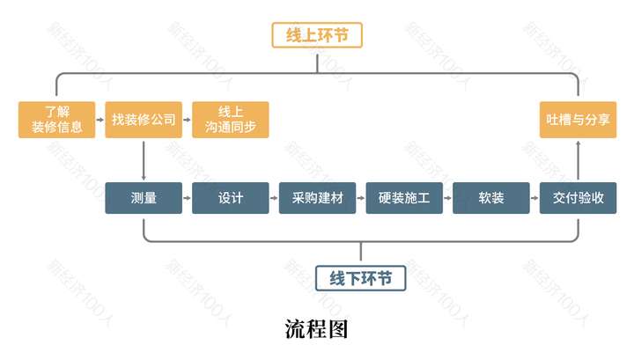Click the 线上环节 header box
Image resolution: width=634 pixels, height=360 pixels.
[x=317, y=35]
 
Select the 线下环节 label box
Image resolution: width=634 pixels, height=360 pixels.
[x=360, y=278]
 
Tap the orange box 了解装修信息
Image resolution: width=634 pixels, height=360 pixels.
[x=56, y=120]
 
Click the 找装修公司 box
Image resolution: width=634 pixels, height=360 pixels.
[x=144, y=120]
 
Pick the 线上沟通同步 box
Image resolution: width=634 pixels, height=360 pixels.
[x=231, y=120]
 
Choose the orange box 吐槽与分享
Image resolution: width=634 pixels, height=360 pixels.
[x=579, y=120]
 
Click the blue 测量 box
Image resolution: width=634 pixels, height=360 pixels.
[x=144, y=198]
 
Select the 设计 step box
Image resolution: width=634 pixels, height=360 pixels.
[x=231, y=198]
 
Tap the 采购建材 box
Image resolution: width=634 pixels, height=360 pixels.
[x=317, y=198]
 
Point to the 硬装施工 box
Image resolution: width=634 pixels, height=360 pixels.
[x=404, y=198]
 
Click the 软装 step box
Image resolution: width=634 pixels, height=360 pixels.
[x=491, y=198]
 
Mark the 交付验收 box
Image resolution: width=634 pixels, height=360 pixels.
[x=579, y=198]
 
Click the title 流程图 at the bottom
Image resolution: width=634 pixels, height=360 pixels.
[x=317, y=329]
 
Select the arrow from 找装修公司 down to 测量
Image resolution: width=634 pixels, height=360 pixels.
[x=144, y=161]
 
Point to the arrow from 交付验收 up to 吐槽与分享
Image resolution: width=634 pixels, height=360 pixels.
[x=579, y=160]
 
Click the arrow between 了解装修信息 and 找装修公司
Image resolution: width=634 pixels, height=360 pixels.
[x=100, y=120]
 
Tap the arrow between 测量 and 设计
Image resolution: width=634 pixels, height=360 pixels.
[x=188, y=198]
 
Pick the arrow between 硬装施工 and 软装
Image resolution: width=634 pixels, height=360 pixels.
[x=448, y=198]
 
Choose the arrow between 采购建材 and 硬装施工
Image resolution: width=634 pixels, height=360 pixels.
[x=361, y=198]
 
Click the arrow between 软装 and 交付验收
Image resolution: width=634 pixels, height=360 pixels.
[x=535, y=198]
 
